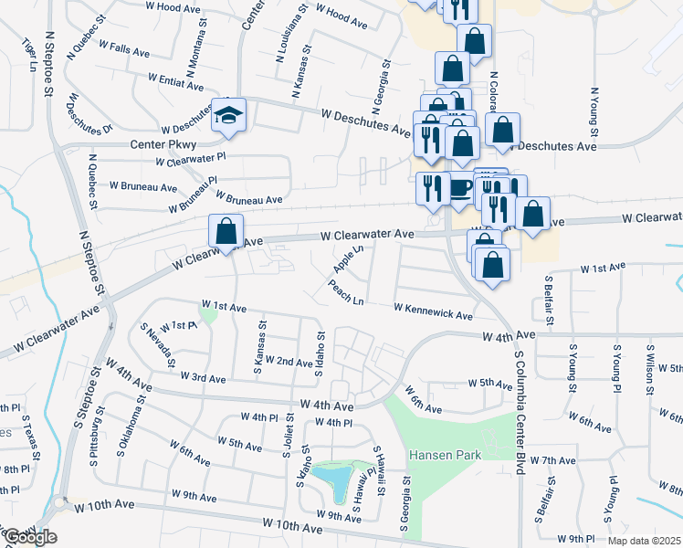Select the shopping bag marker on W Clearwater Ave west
point(225,232)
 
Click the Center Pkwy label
point(163,144)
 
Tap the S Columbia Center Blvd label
point(519,411)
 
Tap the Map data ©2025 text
point(645,541)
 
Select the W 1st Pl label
point(178,326)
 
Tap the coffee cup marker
point(460,189)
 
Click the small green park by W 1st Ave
point(208,316)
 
